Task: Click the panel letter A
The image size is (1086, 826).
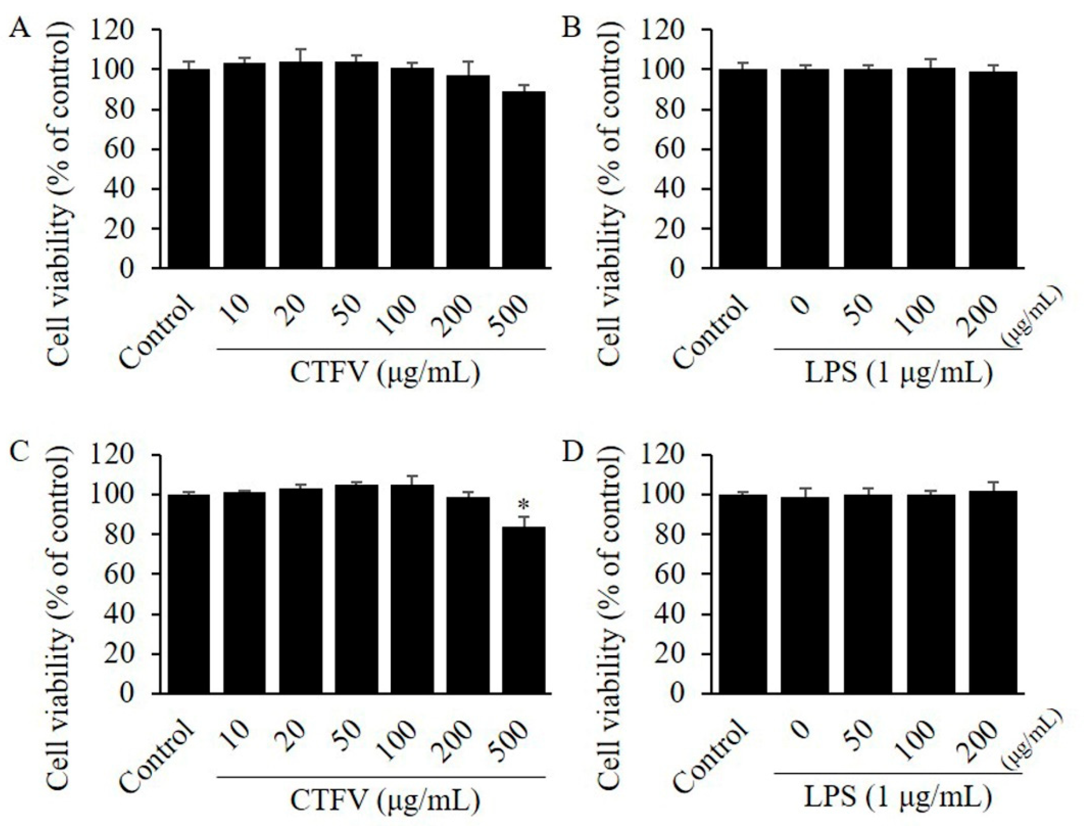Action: [22, 30]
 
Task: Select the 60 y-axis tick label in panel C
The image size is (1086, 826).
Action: [119, 575]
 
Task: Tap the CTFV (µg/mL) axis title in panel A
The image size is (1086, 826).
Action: [384, 373]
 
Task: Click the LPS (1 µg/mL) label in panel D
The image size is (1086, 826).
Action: [899, 798]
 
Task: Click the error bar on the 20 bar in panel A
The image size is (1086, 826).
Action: [301, 55]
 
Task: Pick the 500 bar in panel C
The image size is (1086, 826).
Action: [524, 610]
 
